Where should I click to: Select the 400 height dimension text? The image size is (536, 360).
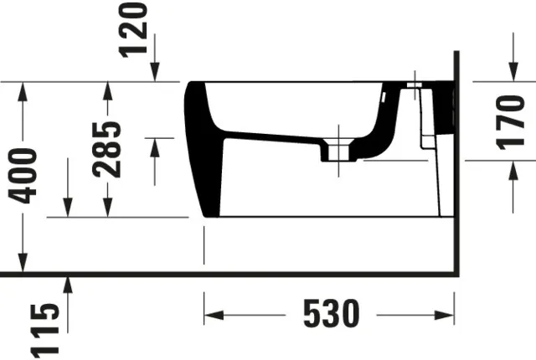(x=23, y=175)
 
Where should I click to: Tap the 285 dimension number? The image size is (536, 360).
(x=107, y=149)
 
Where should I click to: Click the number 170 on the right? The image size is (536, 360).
(x=510, y=121)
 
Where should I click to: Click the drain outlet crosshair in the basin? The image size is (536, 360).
(x=338, y=152)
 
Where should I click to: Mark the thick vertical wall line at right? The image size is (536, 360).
(x=456, y=167)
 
